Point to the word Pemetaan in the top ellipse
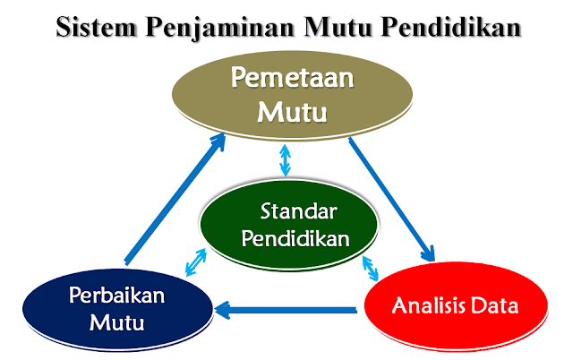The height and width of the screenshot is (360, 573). pyautogui.click(x=292, y=79)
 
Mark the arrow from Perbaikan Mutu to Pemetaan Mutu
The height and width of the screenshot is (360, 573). pyautogui.click(x=175, y=199)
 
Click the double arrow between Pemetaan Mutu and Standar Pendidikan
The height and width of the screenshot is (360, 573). pyautogui.click(x=286, y=161)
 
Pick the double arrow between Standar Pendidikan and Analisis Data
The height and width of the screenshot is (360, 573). pyautogui.click(x=370, y=266)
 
